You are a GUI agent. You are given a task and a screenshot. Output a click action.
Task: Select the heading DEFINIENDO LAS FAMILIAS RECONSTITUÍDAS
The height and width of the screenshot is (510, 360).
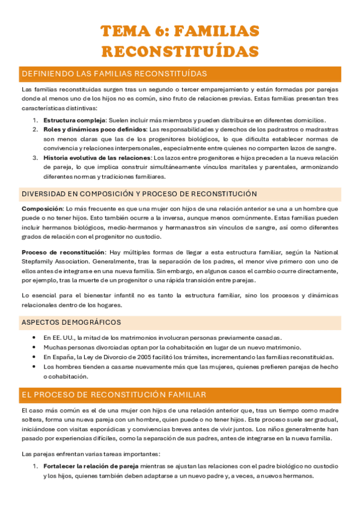tap(114, 74)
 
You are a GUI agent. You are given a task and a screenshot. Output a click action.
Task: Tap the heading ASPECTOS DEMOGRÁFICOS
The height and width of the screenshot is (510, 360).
tap(71, 322)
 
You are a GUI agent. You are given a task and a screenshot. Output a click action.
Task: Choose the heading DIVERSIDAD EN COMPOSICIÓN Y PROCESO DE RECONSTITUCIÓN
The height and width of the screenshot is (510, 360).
tap(139, 194)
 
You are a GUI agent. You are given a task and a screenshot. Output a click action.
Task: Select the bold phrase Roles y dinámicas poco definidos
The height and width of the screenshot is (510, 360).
tap(94, 129)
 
